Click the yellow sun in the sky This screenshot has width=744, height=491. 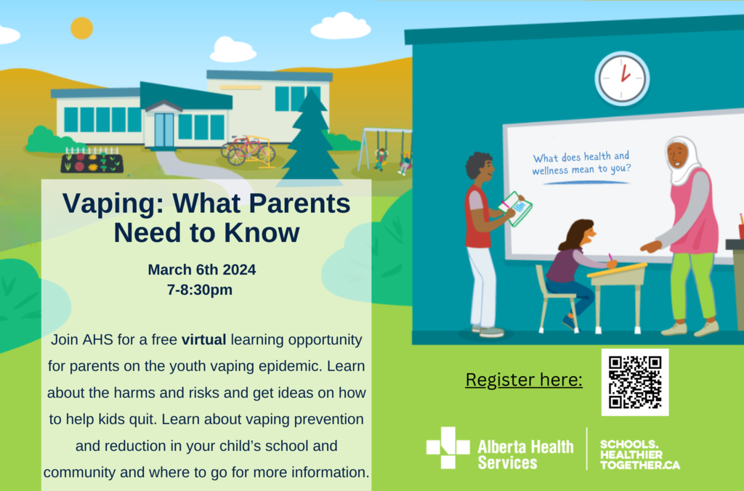[x=81, y=28]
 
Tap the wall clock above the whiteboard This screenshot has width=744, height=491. [x=622, y=78]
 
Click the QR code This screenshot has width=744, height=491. [x=635, y=382]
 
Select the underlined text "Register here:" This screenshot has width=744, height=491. [x=524, y=380]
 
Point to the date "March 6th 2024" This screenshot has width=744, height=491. [x=202, y=269]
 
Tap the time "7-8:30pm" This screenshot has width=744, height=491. [x=200, y=289]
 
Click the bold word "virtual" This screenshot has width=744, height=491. [x=204, y=340]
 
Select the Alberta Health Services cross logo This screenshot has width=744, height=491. [x=448, y=448]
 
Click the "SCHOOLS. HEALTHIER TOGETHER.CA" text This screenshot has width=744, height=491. [x=639, y=455]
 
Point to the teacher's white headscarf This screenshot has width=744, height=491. [x=683, y=161]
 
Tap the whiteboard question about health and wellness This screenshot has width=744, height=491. [x=581, y=163]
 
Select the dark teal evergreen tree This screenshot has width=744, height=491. [x=310, y=137]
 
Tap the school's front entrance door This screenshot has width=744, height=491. [x=164, y=130]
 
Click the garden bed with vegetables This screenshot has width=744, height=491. [x=92, y=161]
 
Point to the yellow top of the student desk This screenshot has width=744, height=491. [x=617, y=269]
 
